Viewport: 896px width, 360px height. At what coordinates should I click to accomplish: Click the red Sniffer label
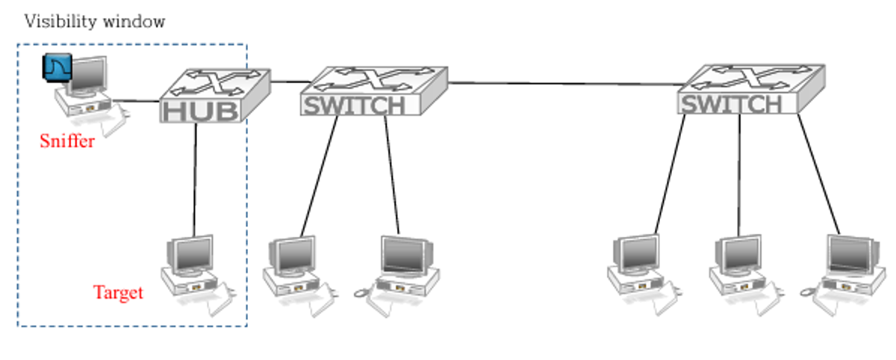[67, 140]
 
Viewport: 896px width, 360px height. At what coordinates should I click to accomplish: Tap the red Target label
[118, 292]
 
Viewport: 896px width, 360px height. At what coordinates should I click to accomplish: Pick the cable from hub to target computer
[195, 179]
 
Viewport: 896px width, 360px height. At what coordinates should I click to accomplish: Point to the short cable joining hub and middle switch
[290, 80]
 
